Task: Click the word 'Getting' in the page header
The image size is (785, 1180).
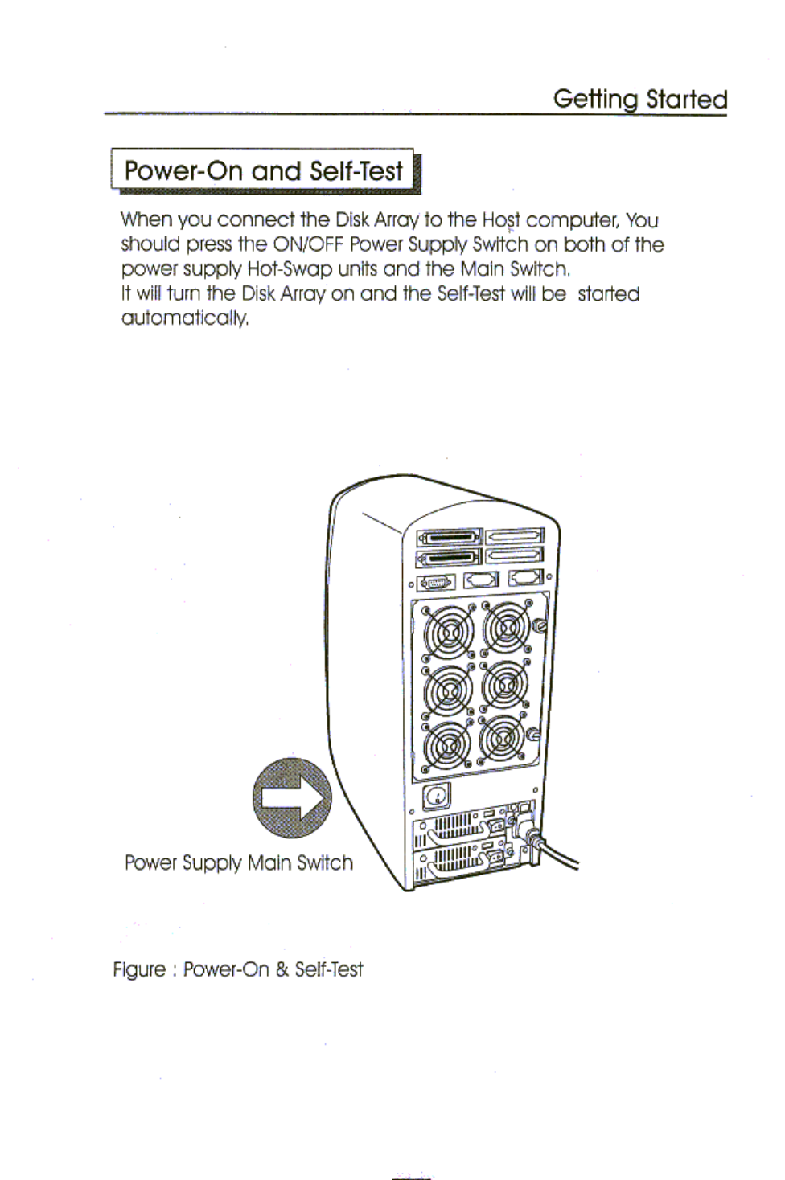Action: (594, 100)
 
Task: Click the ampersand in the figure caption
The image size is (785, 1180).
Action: (281, 969)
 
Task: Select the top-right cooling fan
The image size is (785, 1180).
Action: (504, 626)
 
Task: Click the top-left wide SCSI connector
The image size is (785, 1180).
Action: (448, 537)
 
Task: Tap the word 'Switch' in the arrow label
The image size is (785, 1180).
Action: (325, 863)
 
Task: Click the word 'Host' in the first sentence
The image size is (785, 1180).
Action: (501, 220)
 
